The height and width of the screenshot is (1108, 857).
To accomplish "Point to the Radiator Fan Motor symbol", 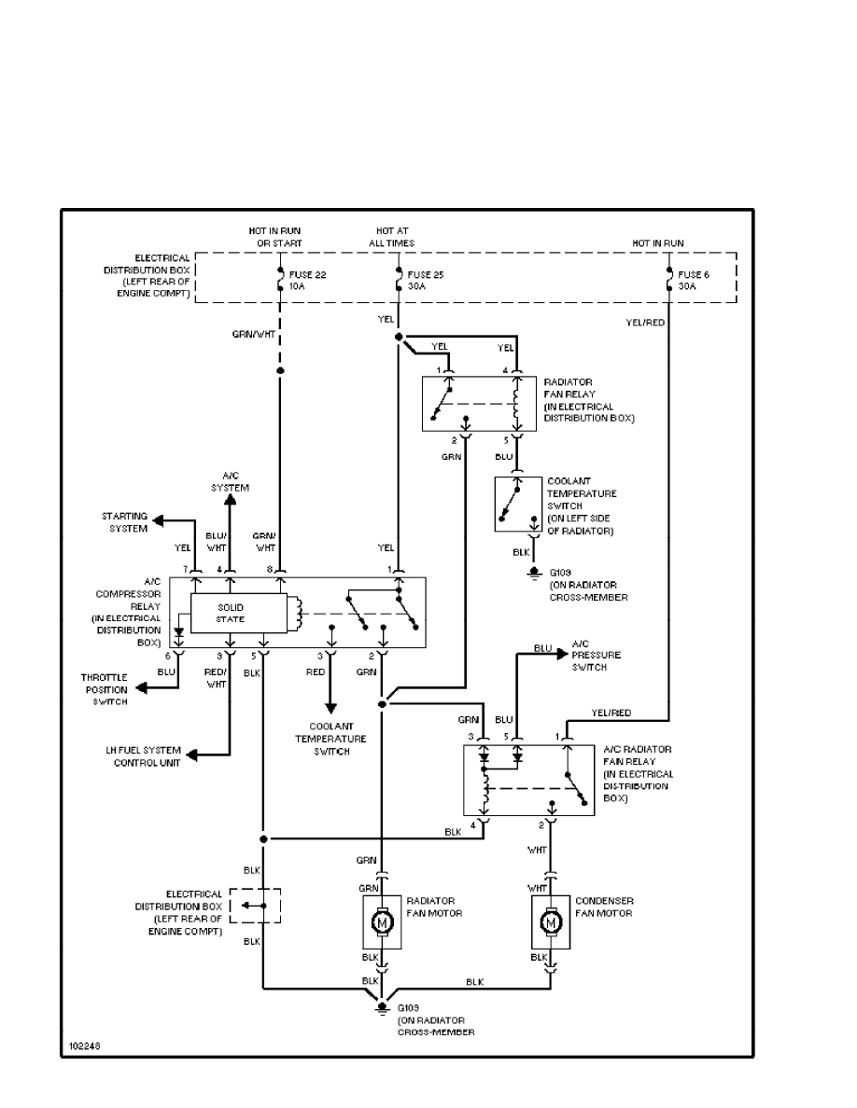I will (x=382, y=922).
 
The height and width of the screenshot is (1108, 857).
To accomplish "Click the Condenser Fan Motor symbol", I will (x=551, y=922).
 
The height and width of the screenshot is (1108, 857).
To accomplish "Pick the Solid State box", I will (x=231, y=613).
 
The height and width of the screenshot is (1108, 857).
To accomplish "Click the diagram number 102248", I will (x=83, y=1046).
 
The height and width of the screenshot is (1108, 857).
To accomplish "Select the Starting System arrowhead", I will (x=160, y=519).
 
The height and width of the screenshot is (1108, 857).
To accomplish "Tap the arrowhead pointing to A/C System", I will (x=230, y=500).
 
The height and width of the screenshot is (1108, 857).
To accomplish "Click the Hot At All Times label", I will (x=393, y=237).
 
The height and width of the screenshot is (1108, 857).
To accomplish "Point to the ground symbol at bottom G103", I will (x=381, y=1008).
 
